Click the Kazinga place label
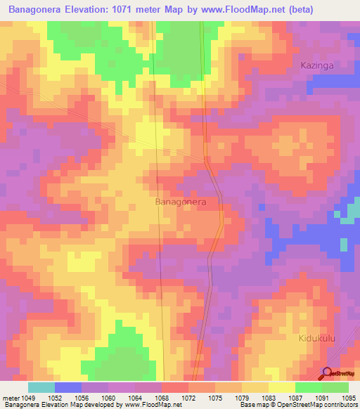(316, 65)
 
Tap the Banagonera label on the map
(180, 202)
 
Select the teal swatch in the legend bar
(41, 387)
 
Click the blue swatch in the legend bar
(68, 387)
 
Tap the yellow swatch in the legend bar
(281, 387)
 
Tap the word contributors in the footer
(339, 405)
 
